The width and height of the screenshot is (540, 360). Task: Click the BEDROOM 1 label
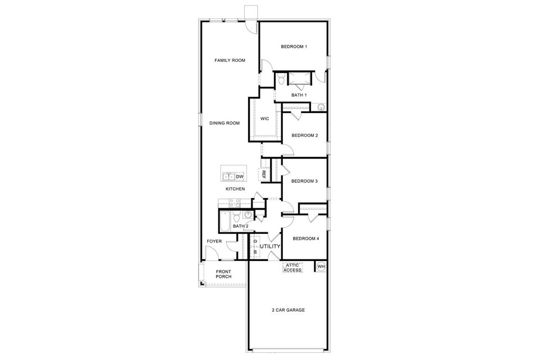pos(294,47)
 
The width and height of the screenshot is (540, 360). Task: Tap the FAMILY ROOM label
pos(229,60)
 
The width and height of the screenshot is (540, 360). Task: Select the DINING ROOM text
pos(224,123)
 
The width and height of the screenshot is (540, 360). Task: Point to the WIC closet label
pos(264,119)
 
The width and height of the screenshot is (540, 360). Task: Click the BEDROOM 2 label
pos(304,136)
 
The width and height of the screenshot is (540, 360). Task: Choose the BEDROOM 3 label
pos(304,181)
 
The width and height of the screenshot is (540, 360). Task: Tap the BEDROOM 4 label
pos(306,238)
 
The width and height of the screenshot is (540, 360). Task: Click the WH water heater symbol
pos(321,266)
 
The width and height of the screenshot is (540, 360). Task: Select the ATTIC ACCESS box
pos(292,268)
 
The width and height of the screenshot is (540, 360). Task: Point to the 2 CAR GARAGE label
pos(288,310)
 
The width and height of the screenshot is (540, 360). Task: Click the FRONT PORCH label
pos(223,274)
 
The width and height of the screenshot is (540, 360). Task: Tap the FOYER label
pos(214,241)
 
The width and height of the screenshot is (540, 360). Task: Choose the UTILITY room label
pos(270,247)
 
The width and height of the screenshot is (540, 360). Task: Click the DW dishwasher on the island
pos(240,177)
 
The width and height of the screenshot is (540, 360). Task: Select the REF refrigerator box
pos(264,174)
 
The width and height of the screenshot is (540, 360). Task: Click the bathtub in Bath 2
pos(224,222)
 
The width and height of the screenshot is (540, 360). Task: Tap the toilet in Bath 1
pos(281,79)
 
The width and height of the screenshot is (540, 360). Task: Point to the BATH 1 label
pos(299,95)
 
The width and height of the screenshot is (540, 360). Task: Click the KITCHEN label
pos(235,189)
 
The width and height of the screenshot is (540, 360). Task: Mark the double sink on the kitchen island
pos(228,177)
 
